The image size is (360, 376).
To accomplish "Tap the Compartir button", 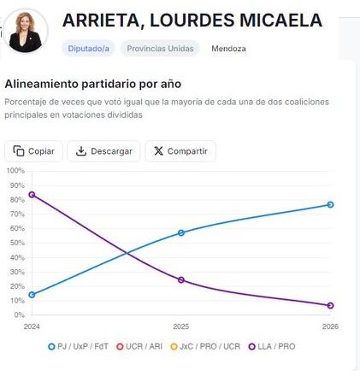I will click(180, 151).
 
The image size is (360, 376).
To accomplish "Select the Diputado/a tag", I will click(89, 49).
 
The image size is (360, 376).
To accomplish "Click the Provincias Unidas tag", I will click(160, 49).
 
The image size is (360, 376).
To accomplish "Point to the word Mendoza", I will click(228, 49).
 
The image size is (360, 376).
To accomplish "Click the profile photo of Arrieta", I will click(27, 32).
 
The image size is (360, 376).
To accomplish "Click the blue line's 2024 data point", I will click(32, 295).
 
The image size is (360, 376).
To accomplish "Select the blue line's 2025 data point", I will click(181, 233).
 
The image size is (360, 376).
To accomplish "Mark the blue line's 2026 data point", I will click(330, 205).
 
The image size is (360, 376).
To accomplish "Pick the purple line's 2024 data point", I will click(32, 195).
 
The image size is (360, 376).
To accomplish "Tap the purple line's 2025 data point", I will click(181, 280).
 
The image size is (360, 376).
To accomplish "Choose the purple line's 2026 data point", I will click(330, 306).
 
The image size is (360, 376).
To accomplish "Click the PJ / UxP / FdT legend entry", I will click(83, 347).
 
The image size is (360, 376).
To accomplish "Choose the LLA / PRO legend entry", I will click(274, 347).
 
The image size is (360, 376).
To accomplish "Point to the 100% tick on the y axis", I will click(15, 171).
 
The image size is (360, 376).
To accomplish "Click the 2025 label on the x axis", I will click(181, 326).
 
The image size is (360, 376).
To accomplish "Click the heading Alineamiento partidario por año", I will click(92, 84).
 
